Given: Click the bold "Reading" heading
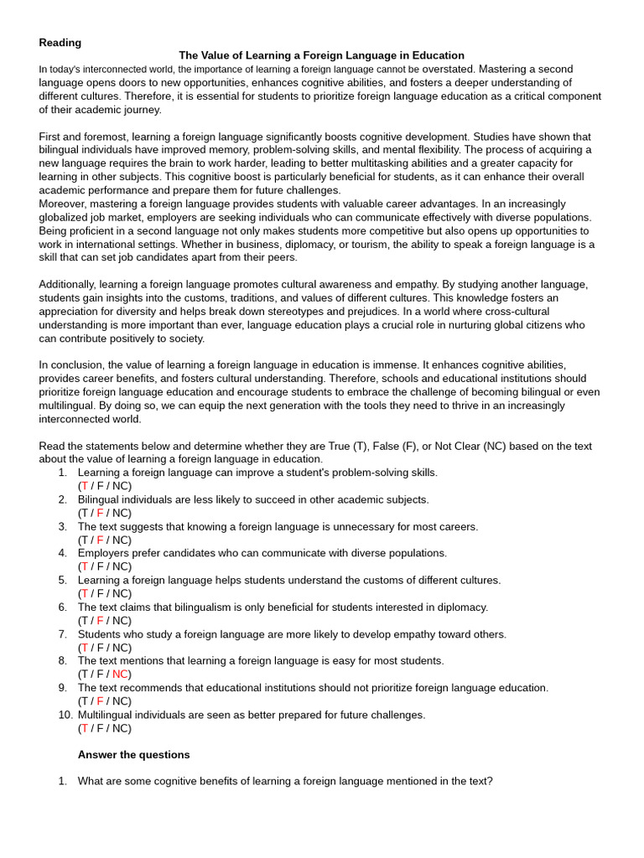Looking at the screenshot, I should click(x=60, y=42).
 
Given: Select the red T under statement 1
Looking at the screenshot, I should click(x=84, y=486).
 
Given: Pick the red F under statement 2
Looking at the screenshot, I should click(x=100, y=513).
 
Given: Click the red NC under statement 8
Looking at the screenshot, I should click(x=120, y=675).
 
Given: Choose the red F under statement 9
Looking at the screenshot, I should click(x=100, y=701).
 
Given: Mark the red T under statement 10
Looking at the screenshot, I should click(x=84, y=728).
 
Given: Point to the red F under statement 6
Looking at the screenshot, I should click(x=100, y=621).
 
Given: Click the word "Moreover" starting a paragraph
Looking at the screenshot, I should click(x=63, y=204).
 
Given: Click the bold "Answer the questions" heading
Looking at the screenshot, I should click(x=133, y=755).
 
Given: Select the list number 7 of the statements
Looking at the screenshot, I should click(x=62, y=634).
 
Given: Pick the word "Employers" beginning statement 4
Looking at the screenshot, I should click(x=104, y=553).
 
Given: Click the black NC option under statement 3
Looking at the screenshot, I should click(x=120, y=540).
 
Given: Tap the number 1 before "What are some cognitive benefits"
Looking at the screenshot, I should click(x=62, y=782).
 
